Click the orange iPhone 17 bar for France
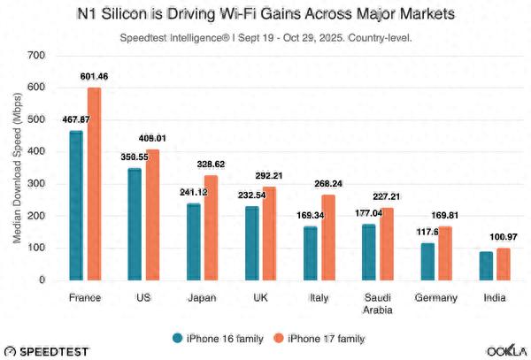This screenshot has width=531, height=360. click(x=94, y=184)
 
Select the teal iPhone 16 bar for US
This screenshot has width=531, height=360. click(x=135, y=225)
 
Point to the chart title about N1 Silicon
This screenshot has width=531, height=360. click(x=265, y=15)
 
